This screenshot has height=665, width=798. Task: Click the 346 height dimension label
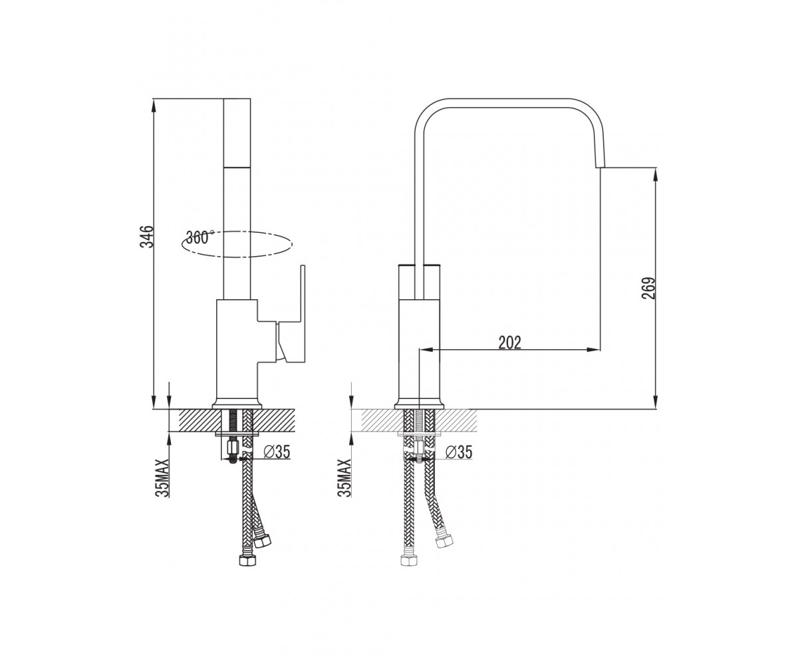click(147, 237)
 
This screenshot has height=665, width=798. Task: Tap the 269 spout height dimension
click(648, 288)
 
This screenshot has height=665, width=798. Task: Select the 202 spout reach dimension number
click(510, 343)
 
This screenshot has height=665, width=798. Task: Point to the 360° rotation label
click(200, 237)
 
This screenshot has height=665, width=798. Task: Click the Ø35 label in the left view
click(277, 452)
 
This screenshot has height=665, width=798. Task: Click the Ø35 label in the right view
click(459, 452)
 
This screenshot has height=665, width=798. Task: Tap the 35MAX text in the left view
click(162, 477)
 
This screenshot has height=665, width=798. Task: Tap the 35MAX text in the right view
click(344, 477)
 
